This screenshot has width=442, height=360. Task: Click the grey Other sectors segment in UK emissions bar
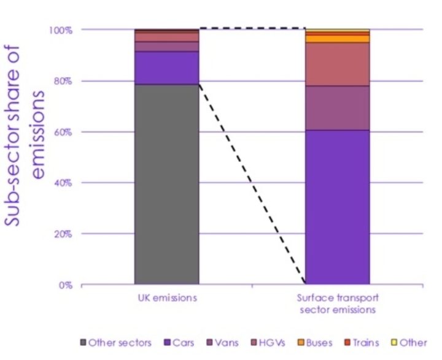(166, 184)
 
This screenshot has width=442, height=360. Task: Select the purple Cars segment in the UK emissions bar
(166, 68)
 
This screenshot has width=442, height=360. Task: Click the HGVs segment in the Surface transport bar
(337, 64)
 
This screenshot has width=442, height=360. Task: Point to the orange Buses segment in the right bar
(337, 39)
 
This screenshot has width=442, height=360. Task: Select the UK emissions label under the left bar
(166, 298)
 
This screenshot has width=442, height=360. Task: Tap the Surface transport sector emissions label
(337, 304)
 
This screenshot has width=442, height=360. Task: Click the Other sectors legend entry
(115, 342)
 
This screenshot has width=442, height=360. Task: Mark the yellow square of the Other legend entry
(395, 342)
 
